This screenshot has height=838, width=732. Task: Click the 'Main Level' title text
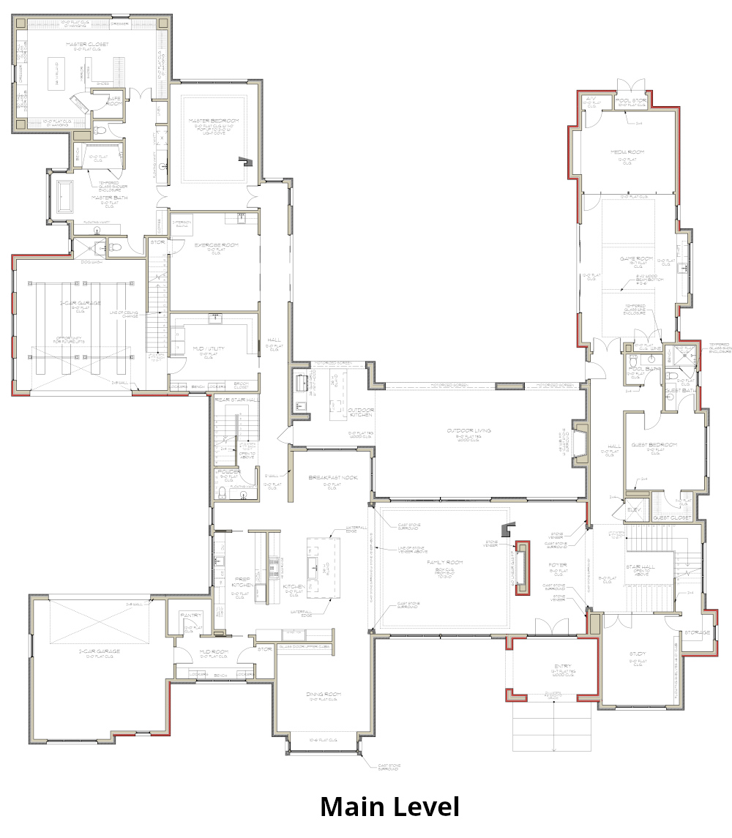(389, 807)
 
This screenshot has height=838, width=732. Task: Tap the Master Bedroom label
(213, 121)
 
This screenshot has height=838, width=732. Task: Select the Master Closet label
(88, 45)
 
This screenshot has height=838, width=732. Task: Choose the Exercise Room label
(214, 245)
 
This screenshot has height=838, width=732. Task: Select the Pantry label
(191, 616)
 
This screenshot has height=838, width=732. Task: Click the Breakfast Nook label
(333, 477)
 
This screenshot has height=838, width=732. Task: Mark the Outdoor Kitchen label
(360, 411)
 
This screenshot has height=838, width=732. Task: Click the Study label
(636, 654)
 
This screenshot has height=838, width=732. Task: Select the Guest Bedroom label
(653, 445)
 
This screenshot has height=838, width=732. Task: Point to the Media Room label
(627, 152)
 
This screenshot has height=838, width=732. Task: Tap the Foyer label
(558, 565)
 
